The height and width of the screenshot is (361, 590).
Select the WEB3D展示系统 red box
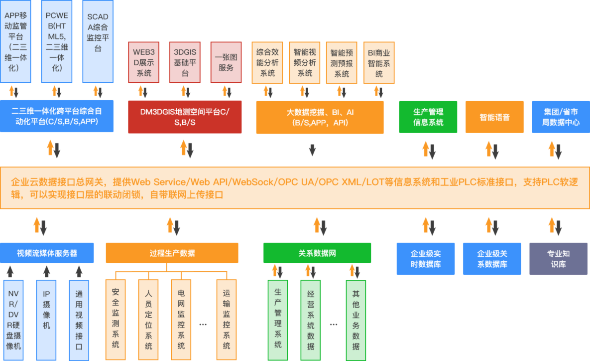click(144, 62)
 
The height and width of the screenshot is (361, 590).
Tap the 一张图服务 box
click(226, 62)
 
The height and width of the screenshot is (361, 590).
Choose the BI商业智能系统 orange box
click(379, 63)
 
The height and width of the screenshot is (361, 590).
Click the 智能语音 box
click(494, 117)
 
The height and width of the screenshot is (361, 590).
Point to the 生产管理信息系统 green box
click(428, 117)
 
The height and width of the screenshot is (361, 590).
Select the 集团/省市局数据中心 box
click(561, 117)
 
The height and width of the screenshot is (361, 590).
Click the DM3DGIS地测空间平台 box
click(185, 117)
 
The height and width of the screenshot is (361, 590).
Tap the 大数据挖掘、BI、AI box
click(320, 117)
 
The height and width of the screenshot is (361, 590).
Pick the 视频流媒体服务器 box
click(47, 253)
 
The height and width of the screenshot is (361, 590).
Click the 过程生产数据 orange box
click(172, 253)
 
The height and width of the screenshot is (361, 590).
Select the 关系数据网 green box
click(317, 253)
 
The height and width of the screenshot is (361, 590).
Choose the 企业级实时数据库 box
click(426, 259)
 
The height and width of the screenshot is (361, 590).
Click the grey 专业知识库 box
click(558, 259)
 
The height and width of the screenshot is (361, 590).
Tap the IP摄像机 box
click(46, 320)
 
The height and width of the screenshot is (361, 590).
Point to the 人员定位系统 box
click(148, 320)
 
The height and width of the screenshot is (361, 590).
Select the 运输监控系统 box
click(227, 320)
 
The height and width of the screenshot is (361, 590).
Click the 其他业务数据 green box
click(356, 320)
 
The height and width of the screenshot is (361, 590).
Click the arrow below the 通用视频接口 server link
click(79, 272)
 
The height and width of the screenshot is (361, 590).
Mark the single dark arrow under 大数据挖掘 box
click(312, 150)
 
